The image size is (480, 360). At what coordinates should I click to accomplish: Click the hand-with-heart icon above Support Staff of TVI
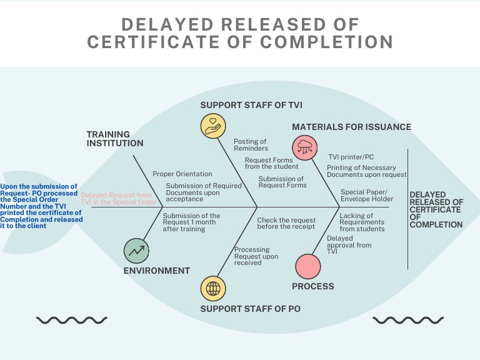click(213, 124)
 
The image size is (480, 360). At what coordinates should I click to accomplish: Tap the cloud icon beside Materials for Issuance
click(305, 148)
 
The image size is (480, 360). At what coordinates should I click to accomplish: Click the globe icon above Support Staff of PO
click(213, 289)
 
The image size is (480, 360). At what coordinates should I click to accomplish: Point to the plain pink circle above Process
click(307, 266)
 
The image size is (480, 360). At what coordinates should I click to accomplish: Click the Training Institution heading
click(115, 139)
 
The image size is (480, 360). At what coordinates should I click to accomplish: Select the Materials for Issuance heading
click(351, 127)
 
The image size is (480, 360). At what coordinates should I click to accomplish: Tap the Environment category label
click(156, 271)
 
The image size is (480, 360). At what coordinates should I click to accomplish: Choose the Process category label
click(313, 286)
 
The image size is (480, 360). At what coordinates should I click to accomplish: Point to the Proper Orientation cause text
click(182, 174)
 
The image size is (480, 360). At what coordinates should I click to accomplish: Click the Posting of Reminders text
click(250, 145)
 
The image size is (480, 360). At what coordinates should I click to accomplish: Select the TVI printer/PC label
click(351, 157)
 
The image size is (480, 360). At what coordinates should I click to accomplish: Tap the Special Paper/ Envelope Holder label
click(367, 195)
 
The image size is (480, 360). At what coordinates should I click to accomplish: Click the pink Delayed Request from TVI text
click(118, 199)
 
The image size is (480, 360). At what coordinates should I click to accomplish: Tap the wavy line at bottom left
click(62, 321)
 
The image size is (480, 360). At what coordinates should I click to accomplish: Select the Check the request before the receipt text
click(286, 223)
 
